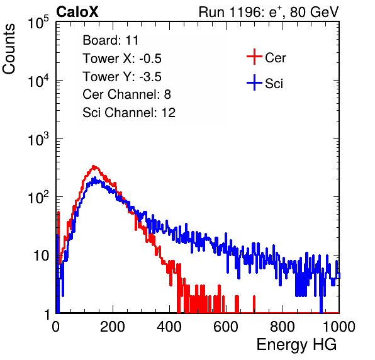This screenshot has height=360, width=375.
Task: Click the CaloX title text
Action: (x=77, y=12)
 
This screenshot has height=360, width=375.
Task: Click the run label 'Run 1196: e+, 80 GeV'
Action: (x=269, y=12)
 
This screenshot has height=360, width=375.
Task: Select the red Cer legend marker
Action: (x=254, y=57)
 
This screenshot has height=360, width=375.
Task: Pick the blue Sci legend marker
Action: (x=254, y=83)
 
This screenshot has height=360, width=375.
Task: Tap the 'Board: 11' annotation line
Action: (x=111, y=40)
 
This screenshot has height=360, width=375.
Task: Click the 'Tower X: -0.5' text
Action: (x=122, y=59)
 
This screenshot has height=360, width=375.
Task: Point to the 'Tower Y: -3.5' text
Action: (x=122, y=77)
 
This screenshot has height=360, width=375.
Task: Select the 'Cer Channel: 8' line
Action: (x=126, y=94)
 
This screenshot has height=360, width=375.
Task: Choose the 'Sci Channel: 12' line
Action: (x=129, y=113)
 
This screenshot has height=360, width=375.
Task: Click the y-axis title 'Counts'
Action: (x=9, y=49)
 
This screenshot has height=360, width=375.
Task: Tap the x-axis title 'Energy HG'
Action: (x=296, y=345)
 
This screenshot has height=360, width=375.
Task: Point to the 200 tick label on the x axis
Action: (x=113, y=327)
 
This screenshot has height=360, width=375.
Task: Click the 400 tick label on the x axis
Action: (x=169, y=327)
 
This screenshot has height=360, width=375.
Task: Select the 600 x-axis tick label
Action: (x=226, y=327)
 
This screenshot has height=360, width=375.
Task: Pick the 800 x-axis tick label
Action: (x=283, y=327)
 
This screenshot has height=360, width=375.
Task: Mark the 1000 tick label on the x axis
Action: (x=339, y=327)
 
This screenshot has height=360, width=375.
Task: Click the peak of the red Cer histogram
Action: (x=94, y=166)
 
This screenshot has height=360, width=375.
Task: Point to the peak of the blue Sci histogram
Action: (x=95, y=177)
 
